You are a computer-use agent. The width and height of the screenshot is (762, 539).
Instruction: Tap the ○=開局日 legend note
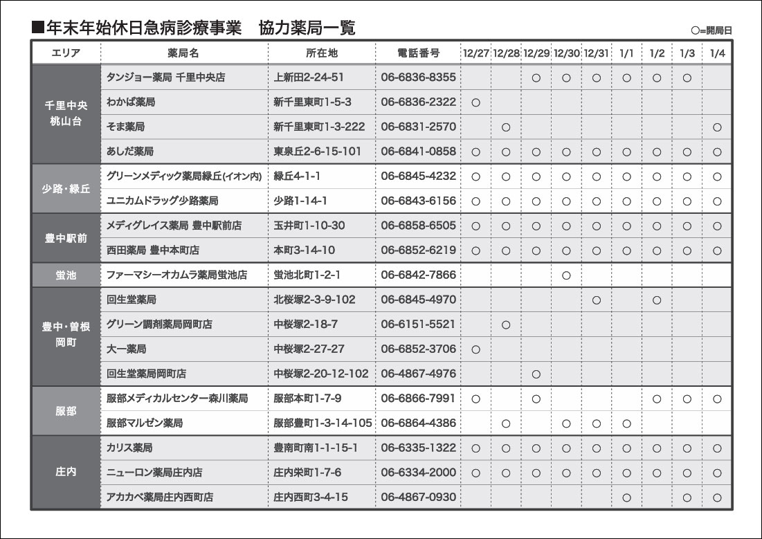711,30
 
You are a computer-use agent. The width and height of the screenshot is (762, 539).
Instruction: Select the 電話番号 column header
418,53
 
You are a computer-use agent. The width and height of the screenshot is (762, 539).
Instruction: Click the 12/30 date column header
566,53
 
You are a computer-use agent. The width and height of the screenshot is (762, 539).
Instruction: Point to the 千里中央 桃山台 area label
66,113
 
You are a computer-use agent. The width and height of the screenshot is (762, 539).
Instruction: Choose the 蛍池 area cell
66,275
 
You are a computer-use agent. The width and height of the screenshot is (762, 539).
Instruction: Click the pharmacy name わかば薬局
131,102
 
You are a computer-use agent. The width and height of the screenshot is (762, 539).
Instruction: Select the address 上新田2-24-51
309,77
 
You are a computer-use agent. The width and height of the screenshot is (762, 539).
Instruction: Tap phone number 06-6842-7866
418,275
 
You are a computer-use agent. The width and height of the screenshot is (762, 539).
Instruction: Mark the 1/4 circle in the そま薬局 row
717,127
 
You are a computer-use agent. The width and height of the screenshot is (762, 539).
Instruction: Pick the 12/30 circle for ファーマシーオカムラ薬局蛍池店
566,275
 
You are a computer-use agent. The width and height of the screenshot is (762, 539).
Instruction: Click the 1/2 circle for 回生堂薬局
657,300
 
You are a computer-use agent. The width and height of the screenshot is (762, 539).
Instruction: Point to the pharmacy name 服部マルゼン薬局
145,423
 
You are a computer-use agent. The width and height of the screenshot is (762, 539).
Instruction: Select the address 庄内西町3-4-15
310,497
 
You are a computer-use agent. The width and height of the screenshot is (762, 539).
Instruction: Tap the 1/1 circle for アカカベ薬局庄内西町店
626,497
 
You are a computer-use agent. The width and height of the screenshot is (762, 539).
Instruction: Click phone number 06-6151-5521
418,325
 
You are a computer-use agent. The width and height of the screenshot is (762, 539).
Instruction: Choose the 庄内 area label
66,473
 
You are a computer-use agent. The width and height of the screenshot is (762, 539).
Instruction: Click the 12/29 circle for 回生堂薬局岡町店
536,374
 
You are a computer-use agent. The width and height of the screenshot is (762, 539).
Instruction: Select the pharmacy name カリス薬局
129,448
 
